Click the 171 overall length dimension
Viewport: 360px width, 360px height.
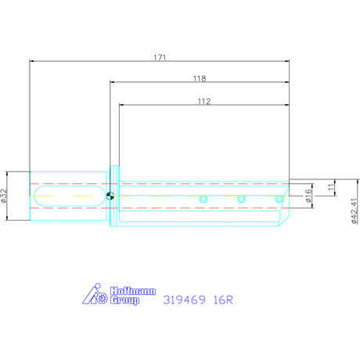pos(160,56)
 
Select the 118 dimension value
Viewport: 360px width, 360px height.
pos(199,78)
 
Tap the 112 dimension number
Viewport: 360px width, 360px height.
pos(204,101)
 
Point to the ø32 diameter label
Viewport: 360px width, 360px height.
pos(5,196)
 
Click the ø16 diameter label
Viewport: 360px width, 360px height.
pos(309,196)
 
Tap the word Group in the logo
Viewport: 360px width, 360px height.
pos(124,300)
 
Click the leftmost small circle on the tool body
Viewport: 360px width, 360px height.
pos(203,199)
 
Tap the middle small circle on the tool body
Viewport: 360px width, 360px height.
pos(241,199)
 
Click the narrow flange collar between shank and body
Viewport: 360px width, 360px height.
pos(116,196)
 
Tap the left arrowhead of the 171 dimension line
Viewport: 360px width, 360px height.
pos(31,61)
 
